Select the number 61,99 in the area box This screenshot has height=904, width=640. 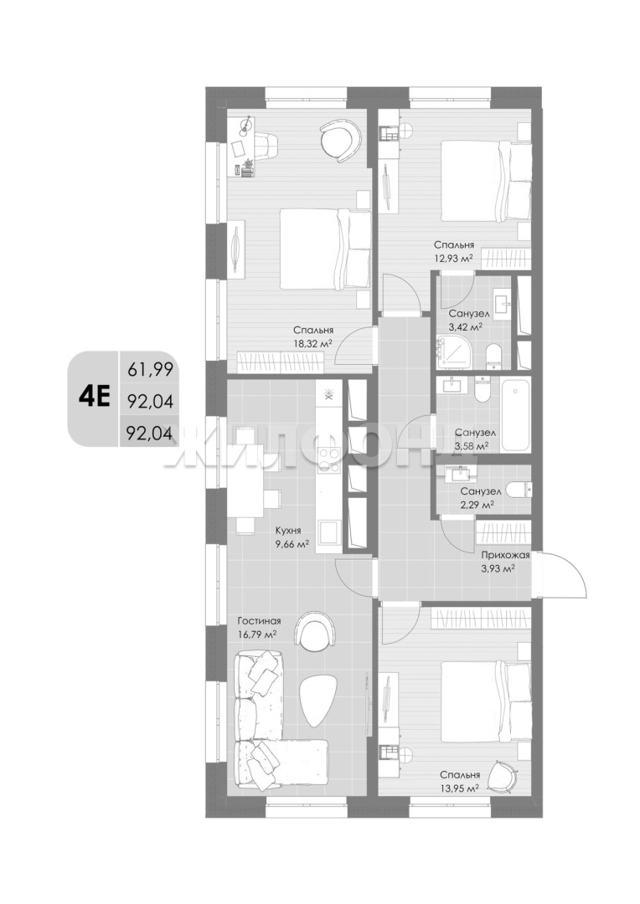pyautogui.click(x=150, y=370)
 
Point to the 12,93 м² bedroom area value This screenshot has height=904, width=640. pyautogui.click(x=453, y=259)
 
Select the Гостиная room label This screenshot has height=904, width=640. pyautogui.click(x=259, y=621)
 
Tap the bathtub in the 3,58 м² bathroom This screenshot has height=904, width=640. pyautogui.click(x=516, y=415)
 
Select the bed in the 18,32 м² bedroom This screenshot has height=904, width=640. pyautogui.click(x=326, y=249)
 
